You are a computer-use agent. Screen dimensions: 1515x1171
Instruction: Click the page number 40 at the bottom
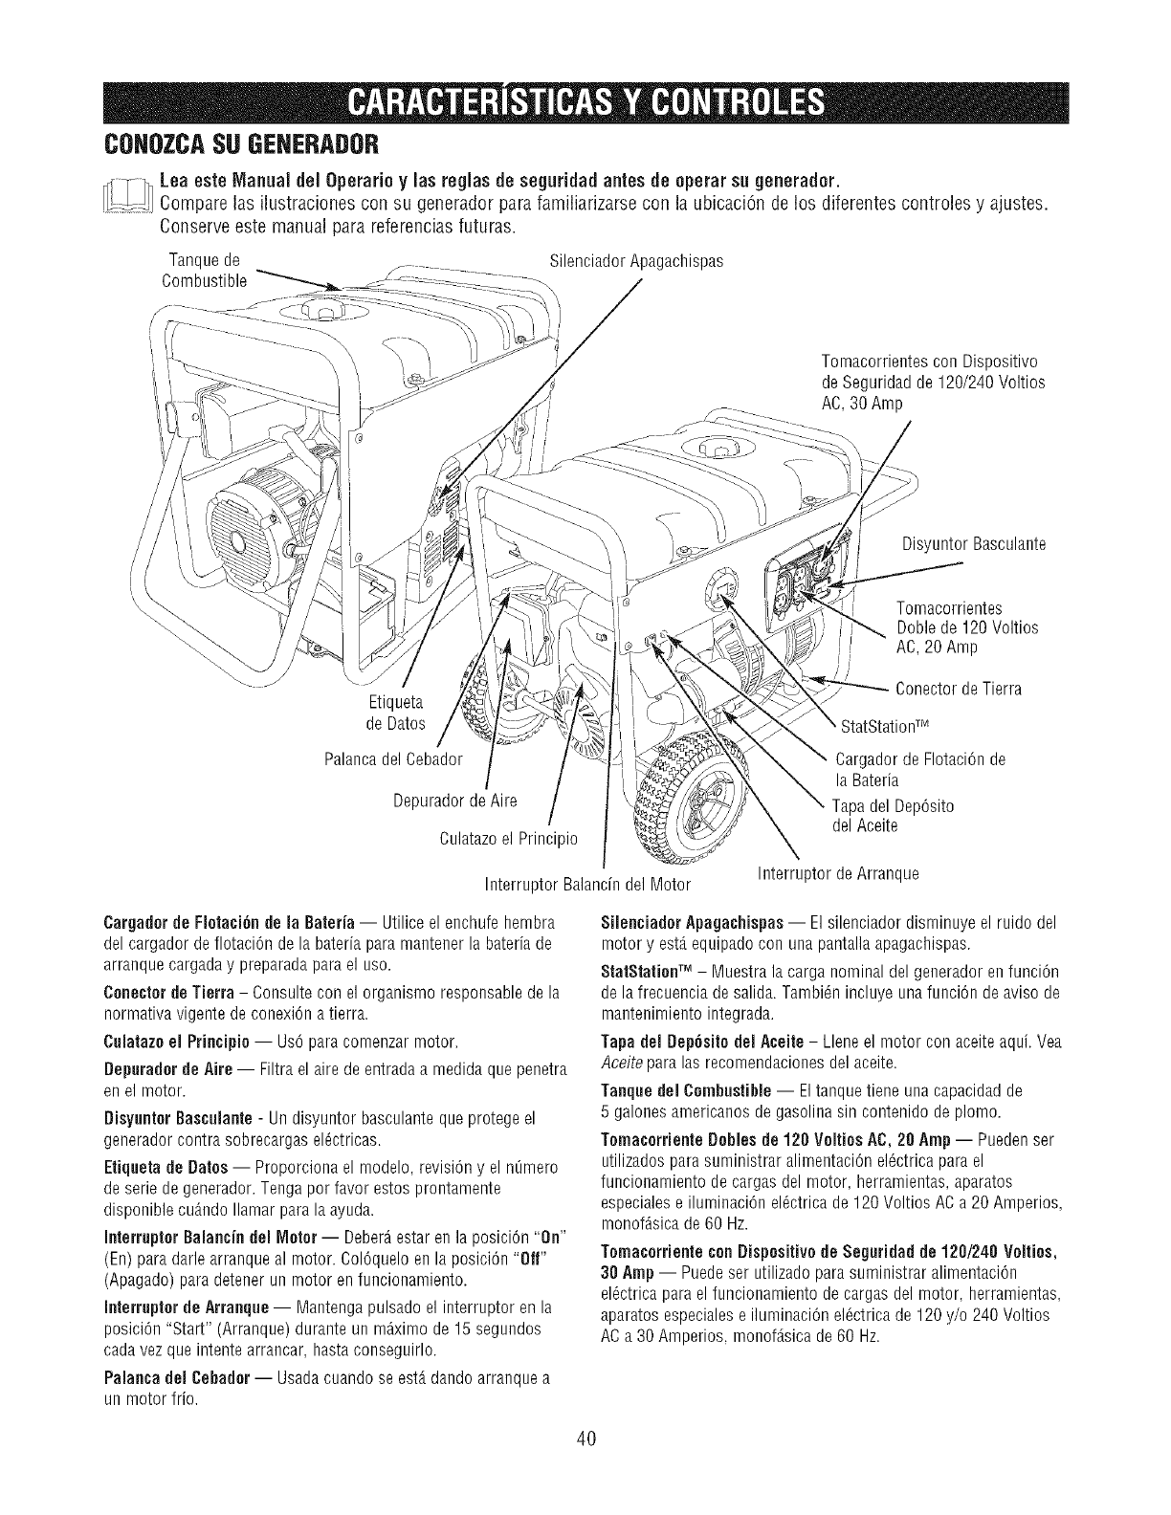586,1466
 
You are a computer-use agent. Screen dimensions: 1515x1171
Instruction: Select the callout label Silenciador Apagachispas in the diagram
637,260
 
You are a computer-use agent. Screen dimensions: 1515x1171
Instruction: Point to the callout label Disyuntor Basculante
973,544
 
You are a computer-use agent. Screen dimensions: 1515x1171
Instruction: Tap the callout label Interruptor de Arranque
837,873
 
